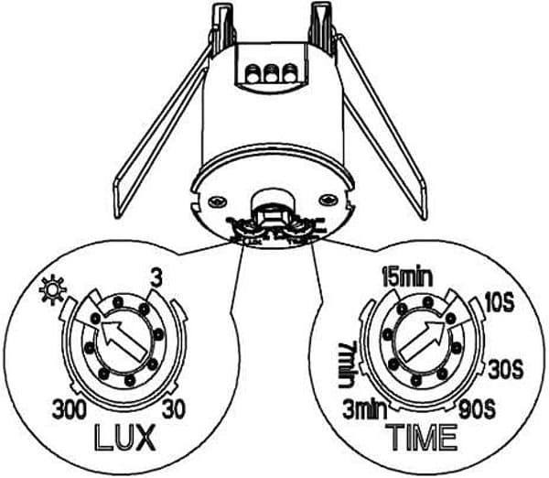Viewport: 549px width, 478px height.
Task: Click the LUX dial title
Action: tap(125, 437)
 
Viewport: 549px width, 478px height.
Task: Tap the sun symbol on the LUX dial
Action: tap(52, 290)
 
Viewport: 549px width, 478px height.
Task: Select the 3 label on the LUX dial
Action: tap(156, 278)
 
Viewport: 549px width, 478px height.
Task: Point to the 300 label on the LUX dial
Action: tap(70, 409)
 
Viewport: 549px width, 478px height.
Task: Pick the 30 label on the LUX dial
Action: tap(174, 409)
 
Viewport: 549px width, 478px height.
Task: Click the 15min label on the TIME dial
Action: tap(407, 277)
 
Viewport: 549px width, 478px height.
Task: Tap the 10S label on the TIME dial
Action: tap(501, 303)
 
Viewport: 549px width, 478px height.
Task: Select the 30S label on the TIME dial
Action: tap(506, 369)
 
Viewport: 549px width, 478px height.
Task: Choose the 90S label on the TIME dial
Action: tap(478, 409)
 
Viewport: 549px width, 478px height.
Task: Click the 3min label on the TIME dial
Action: tap(365, 409)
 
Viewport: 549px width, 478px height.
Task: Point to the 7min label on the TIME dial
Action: tap(348, 364)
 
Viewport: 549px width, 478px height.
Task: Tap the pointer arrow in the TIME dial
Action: tap(423, 342)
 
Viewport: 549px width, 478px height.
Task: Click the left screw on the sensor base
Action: tap(217, 201)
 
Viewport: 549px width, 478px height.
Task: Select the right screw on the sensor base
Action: tap(328, 201)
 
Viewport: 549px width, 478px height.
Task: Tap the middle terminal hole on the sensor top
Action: tap(270, 73)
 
